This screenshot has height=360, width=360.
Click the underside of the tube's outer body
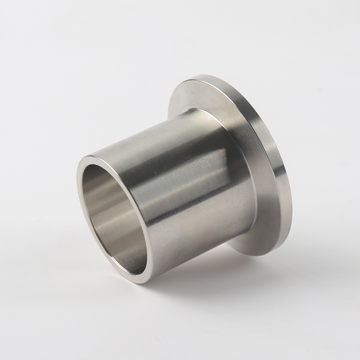[x=198, y=243]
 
